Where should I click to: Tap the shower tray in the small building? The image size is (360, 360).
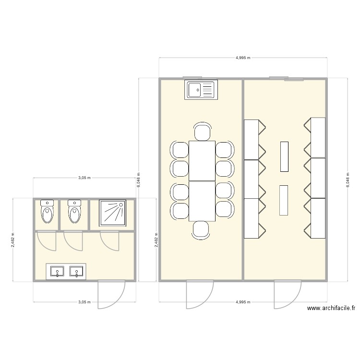(112, 213)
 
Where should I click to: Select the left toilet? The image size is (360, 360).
(47, 212)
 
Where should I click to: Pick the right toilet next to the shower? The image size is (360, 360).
(74, 212)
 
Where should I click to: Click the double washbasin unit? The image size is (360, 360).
(66, 272)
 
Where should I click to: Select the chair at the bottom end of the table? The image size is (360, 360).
(201, 229)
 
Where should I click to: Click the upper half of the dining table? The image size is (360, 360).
(202, 160)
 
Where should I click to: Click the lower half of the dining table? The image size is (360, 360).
(202, 201)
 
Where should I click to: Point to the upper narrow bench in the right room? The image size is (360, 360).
(284, 156)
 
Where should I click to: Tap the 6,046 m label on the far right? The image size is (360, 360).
(348, 180)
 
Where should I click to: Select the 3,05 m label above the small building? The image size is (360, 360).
(84, 178)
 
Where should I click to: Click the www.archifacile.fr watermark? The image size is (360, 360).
(331, 309)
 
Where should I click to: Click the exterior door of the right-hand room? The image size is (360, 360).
(287, 295)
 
